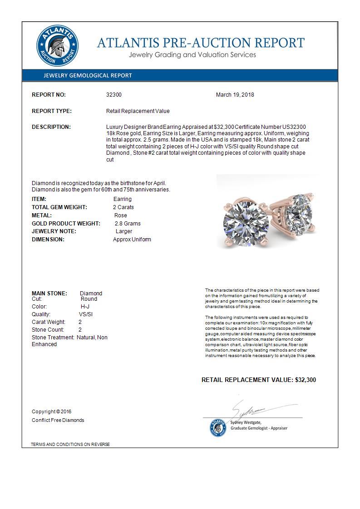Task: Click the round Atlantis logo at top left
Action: click(57, 46)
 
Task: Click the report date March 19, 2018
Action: click(235, 95)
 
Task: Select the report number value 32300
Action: click(113, 95)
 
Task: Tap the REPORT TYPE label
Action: click(52, 111)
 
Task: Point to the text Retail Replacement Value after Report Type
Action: click(138, 111)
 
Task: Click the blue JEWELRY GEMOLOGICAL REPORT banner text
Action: click(88, 76)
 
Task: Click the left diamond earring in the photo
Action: click(245, 221)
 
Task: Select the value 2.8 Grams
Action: click(128, 224)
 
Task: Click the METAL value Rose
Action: click(120, 215)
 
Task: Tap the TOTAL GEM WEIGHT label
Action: click(59, 207)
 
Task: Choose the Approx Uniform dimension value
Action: click(132, 240)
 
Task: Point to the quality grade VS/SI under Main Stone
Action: click(86, 314)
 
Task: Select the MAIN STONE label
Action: click(49, 294)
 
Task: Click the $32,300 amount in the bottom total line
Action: click(305, 380)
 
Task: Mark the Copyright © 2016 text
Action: click(52, 412)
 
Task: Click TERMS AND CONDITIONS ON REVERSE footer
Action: click(70, 444)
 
